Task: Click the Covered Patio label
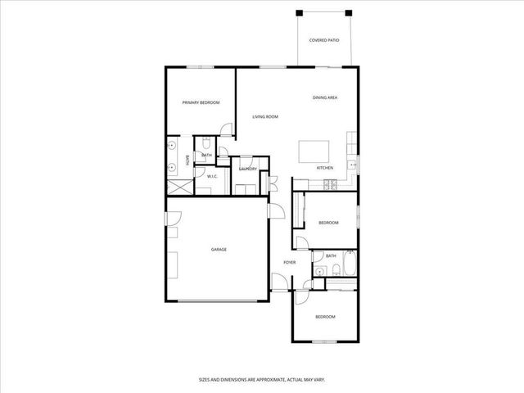point(325,40)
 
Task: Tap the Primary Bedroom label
point(201,102)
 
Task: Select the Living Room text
point(264,117)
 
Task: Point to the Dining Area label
point(325,98)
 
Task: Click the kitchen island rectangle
point(313,151)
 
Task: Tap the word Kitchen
point(325,168)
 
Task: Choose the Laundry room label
point(248,169)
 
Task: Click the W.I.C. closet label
point(211,176)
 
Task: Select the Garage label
point(219,250)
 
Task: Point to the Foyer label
point(289,262)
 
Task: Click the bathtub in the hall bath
point(350,264)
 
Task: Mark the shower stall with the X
point(180,186)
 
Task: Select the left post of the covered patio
point(300,12)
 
